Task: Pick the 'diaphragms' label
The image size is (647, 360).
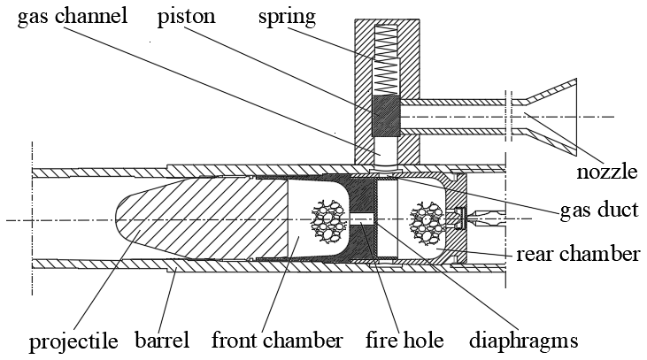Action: [521, 340]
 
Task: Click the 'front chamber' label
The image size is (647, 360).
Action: [276, 340]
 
